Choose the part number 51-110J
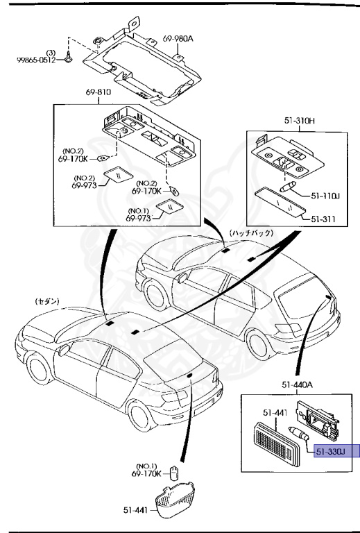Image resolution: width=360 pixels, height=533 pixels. (x=325, y=195)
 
